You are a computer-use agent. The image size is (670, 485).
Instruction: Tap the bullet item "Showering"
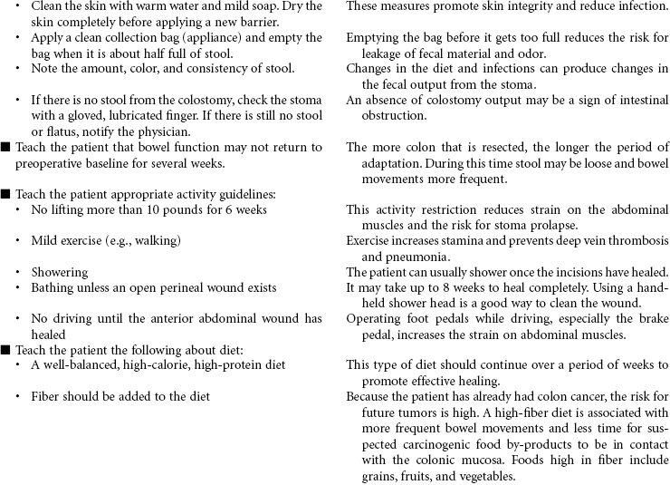tap(59, 272)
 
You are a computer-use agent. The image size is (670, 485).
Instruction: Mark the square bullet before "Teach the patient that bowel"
tap(6, 148)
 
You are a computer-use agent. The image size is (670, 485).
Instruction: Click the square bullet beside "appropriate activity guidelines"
tap(6, 194)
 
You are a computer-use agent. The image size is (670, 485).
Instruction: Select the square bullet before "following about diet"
tap(6, 349)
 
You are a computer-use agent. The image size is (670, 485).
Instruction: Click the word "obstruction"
tap(393, 116)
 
